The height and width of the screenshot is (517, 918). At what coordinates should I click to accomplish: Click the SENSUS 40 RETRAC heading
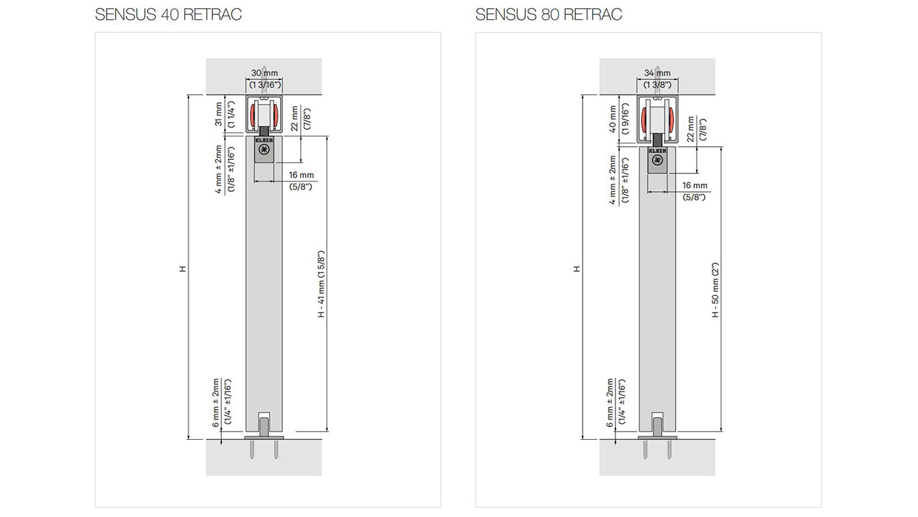tap(169, 14)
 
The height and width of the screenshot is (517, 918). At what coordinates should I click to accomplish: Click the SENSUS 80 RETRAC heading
tap(548, 14)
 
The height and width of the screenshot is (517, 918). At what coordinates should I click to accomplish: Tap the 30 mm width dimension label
tap(264, 73)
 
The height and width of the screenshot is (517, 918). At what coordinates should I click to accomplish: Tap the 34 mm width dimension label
tap(657, 73)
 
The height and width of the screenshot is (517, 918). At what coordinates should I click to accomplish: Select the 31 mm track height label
tap(219, 114)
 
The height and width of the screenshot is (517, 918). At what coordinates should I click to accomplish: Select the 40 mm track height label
tap(612, 119)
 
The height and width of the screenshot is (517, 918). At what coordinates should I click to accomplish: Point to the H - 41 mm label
tap(321, 283)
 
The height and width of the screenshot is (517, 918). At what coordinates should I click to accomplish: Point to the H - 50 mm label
tap(715, 290)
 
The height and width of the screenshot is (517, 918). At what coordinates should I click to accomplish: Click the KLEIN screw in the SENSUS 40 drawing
tap(264, 150)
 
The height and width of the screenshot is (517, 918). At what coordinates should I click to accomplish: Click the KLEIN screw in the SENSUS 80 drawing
tap(658, 160)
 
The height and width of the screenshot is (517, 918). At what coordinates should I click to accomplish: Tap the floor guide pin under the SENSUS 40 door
tap(264, 428)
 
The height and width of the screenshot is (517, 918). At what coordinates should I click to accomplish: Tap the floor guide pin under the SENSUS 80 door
tap(657, 428)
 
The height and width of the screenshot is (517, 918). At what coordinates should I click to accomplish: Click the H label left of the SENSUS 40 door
tap(182, 268)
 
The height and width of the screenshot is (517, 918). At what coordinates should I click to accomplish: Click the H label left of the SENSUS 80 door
tap(576, 268)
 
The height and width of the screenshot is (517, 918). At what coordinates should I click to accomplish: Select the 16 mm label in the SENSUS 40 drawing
tap(301, 175)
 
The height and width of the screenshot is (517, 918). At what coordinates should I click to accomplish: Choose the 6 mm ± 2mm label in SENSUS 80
tap(609, 403)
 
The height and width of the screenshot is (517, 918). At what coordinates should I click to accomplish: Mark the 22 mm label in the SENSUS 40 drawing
tap(294, 118)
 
